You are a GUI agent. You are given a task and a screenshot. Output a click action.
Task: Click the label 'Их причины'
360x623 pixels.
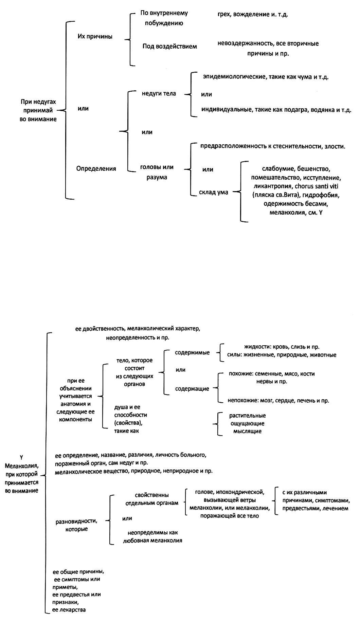(95, 36)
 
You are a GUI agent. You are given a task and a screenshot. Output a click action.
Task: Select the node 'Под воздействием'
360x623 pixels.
(169, 46)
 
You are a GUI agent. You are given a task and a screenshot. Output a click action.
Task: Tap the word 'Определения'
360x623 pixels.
(96, 168)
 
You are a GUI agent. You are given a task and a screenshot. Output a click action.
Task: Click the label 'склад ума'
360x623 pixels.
(213, 192)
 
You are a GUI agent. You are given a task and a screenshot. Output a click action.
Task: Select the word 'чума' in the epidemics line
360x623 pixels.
(304, 77)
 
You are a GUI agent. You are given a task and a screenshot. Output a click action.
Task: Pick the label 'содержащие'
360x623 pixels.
(192, 388)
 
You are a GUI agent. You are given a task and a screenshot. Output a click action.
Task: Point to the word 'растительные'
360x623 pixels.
(247, 416)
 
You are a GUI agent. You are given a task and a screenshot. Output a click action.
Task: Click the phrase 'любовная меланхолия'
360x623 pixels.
(152, 540)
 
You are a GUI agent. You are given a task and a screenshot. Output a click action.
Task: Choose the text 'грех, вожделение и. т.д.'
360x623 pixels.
(253, 15)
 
